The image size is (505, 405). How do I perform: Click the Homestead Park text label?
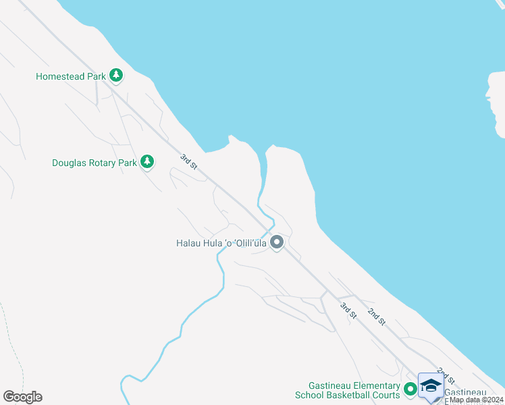point(70,77)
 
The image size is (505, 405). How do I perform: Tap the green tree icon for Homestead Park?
point(116,76)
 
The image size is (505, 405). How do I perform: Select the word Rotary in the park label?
point(103,163)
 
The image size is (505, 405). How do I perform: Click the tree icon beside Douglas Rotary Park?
point(147,162)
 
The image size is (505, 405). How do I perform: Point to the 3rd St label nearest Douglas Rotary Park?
point(188,163)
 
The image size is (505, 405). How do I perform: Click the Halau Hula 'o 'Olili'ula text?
point(221,242)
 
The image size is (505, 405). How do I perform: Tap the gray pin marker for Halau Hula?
point(276,242)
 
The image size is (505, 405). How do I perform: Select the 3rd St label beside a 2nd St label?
point(348,311)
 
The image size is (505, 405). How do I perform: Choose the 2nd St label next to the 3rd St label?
point(376,316)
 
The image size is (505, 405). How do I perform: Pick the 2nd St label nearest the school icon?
point(446,376)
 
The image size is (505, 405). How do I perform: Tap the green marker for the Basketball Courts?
point(409,389)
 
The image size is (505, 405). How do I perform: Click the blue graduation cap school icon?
point(431,386)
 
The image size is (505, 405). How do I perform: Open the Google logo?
point(22,397)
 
